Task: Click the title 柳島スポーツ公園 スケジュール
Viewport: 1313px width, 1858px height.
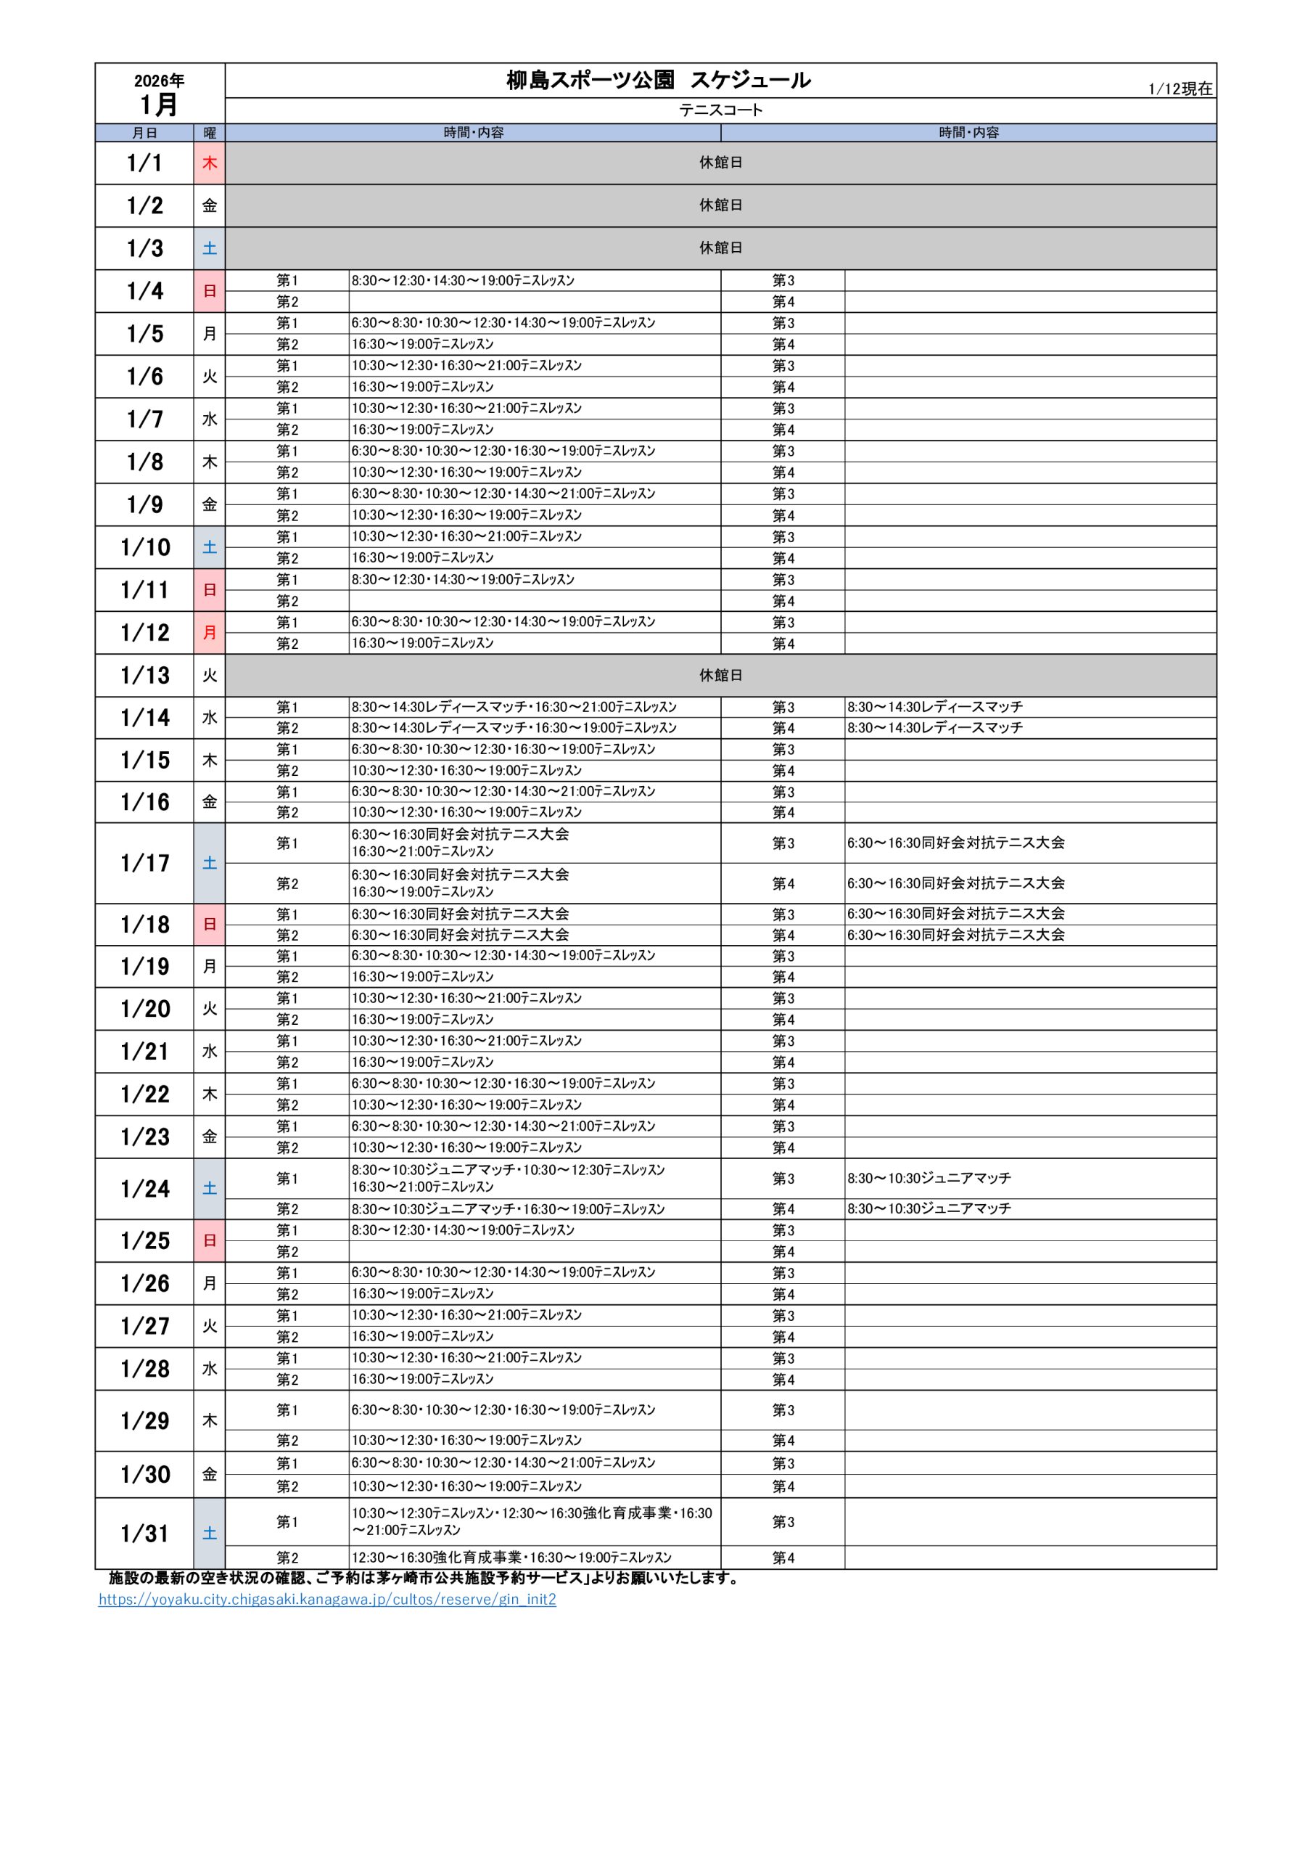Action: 658,80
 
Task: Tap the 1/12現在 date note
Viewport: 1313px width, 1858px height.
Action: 1180,89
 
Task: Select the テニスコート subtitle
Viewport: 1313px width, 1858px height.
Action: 720,110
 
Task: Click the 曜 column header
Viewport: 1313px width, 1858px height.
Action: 210,133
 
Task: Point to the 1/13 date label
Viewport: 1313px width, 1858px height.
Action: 145,675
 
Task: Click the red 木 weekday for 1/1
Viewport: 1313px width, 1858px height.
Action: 210,163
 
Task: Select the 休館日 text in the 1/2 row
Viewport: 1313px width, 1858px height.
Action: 720,205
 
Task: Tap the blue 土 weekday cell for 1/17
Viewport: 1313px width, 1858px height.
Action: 210,863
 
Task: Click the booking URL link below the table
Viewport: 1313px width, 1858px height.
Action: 327,1599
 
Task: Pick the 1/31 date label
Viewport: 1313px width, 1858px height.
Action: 145,1533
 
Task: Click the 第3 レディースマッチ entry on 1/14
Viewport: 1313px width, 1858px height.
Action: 934,706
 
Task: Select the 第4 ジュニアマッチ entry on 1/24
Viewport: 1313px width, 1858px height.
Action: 929,1208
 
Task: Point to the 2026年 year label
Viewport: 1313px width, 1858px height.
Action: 160,80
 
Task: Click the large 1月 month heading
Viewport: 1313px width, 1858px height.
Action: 160,105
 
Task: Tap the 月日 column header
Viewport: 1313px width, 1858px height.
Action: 145,133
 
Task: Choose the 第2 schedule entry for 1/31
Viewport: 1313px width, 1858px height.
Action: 511,1557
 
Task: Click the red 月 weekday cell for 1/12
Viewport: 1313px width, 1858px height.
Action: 210,632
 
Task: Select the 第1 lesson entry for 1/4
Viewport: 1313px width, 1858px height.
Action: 463,281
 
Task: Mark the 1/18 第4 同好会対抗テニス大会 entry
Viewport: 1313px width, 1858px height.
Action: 955,935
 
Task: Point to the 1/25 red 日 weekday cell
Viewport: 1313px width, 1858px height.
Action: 210,1240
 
